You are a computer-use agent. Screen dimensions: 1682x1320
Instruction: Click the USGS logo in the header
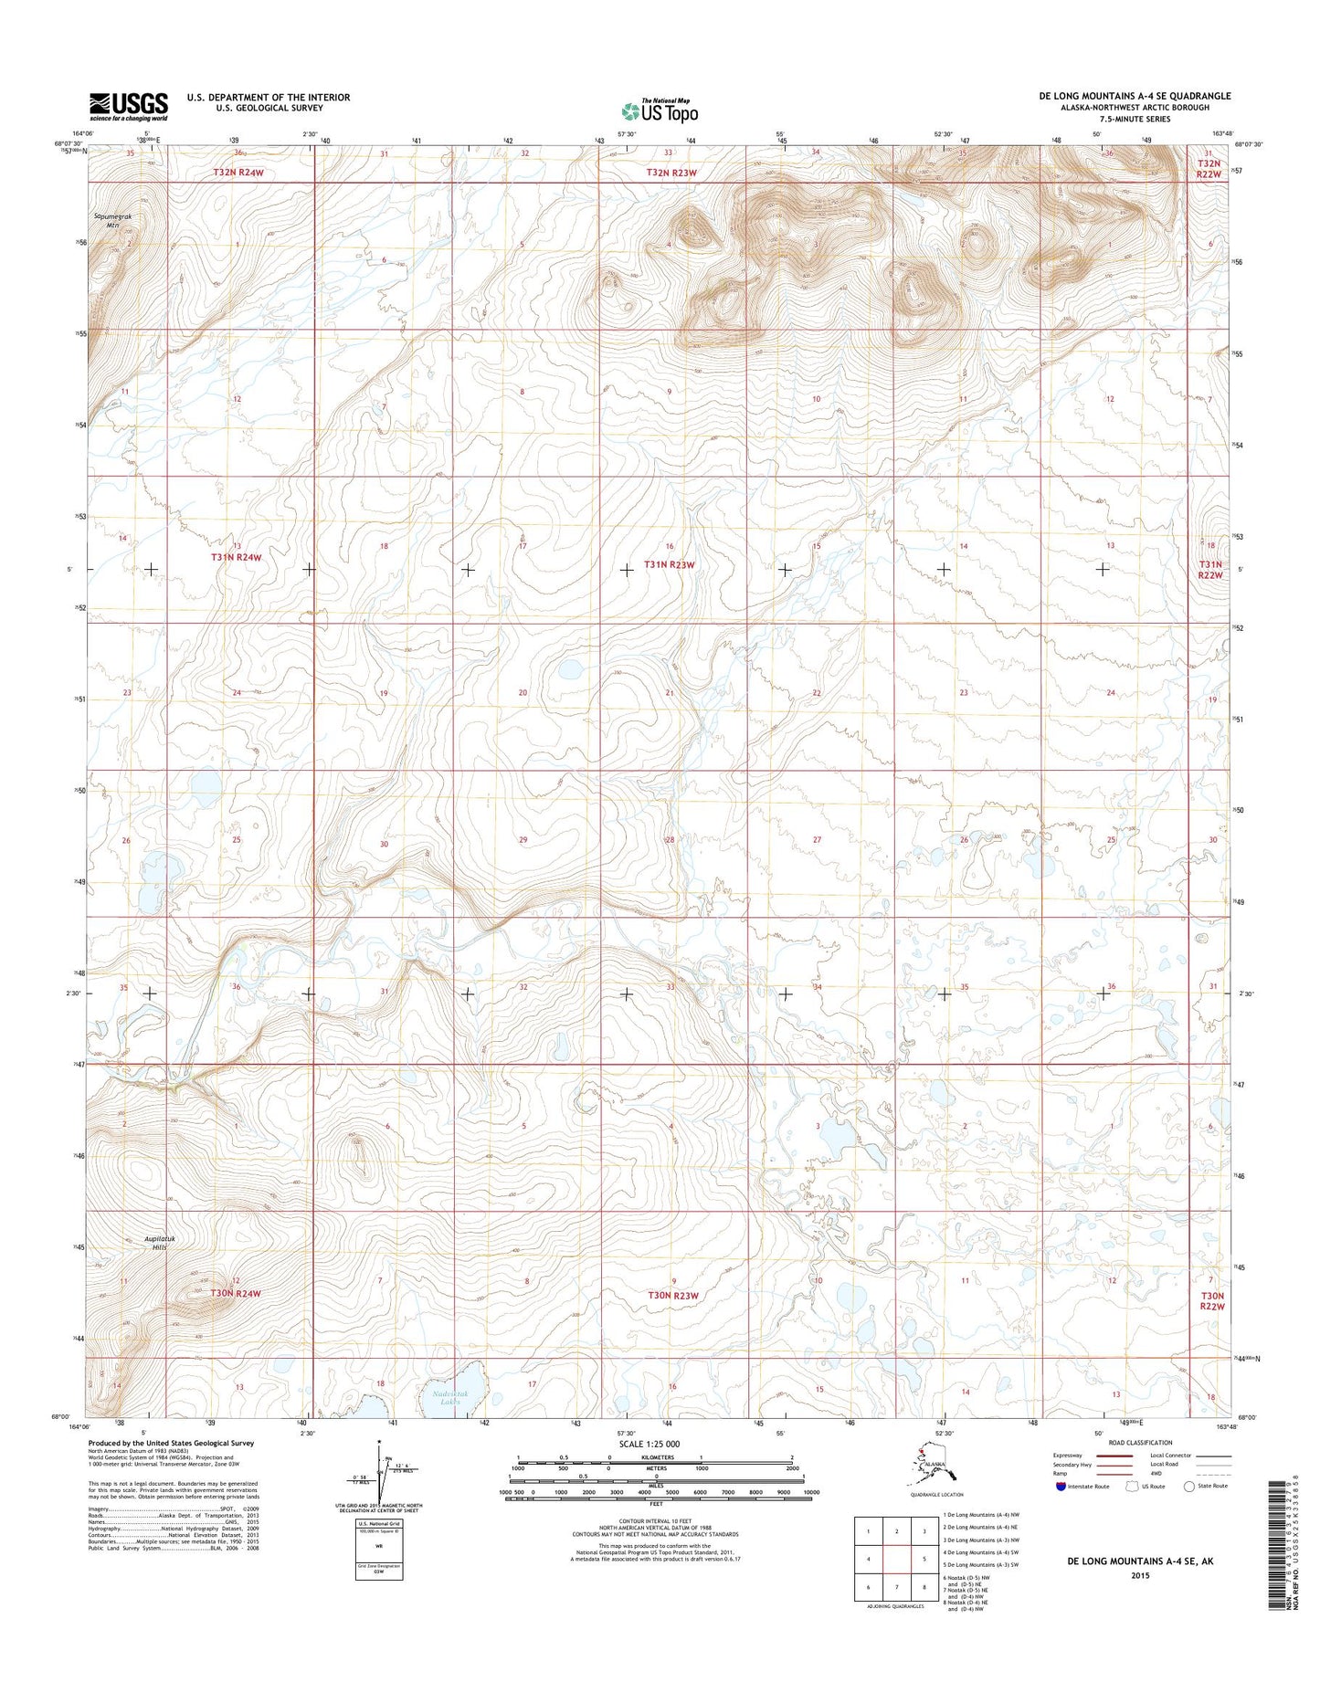(x=128, y=106)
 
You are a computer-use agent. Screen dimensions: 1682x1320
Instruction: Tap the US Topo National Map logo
(x=660, y=110)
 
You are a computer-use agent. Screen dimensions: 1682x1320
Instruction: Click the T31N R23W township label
(x=670, y=565)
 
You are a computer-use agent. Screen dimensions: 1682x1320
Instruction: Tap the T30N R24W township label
(x=236, y=1293)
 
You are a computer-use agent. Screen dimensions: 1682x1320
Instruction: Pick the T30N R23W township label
(x=673, y=1295)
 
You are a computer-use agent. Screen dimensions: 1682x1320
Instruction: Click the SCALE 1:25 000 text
(x=649, y=1444)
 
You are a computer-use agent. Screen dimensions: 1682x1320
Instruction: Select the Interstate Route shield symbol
(x=1060, y=1486)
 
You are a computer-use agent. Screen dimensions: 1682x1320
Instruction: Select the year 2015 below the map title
(x=1139, y=1575)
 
